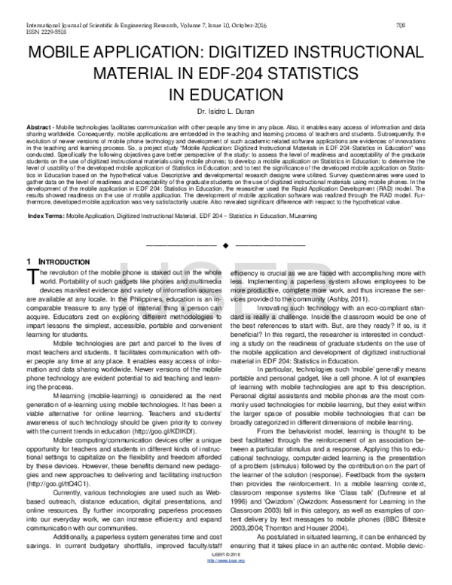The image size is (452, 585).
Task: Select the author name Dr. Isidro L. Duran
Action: click(225, 112)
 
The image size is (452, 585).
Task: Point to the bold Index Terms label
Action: click(47, 216)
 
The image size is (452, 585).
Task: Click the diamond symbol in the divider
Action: click(226, 246)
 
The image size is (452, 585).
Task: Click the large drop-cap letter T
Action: click(32, 275)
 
